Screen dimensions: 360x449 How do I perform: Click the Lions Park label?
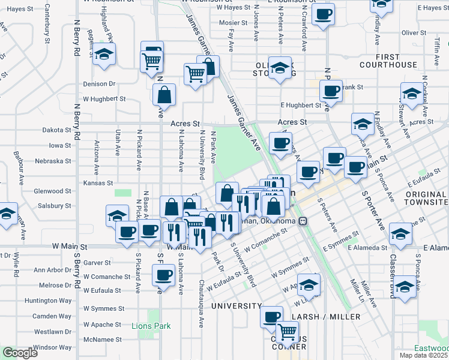coord(151,326)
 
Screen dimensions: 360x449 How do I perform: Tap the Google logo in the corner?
coord(19,353)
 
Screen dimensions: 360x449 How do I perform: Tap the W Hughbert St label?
coord(104,98)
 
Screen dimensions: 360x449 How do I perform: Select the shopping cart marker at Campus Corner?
coord(288,331)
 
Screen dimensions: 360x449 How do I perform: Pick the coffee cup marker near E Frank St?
coord(330,91)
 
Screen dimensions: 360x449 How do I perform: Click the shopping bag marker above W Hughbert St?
coord(164,95)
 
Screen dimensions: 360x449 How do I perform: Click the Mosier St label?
coord(234,23)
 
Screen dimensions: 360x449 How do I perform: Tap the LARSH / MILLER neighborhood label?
coord(326,316)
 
